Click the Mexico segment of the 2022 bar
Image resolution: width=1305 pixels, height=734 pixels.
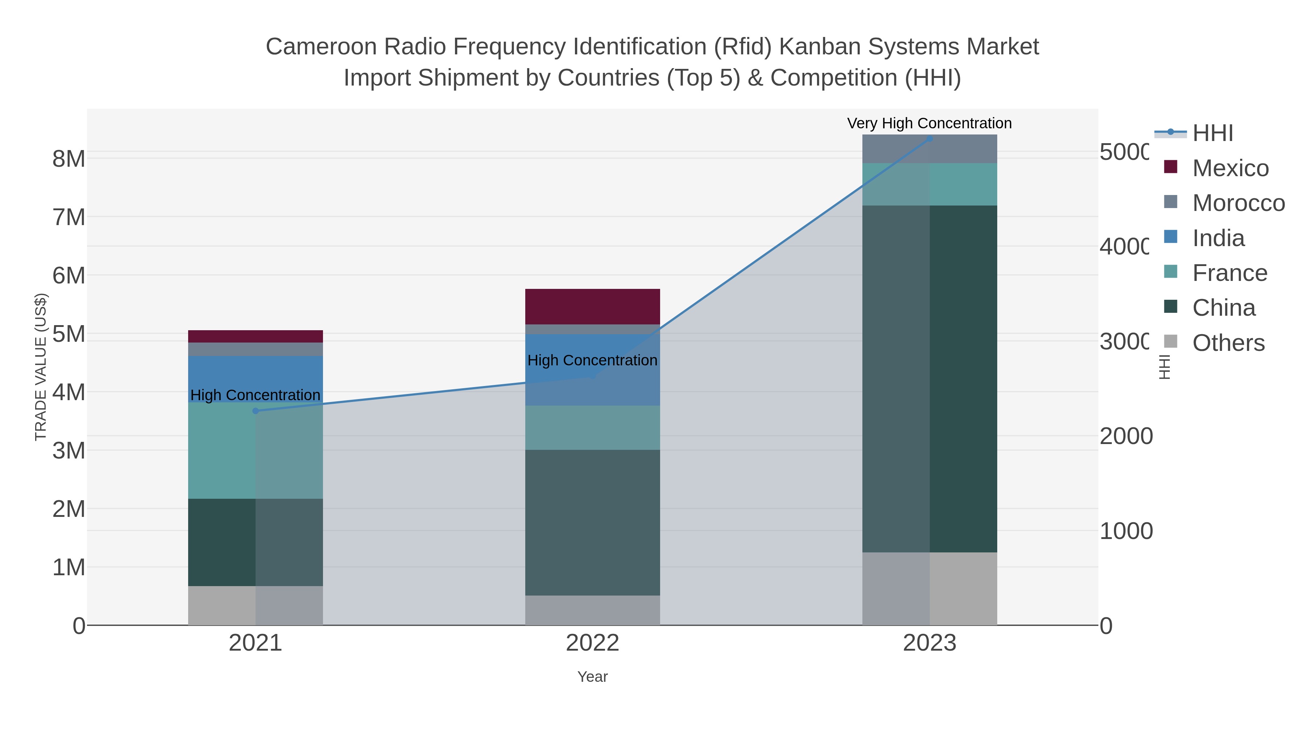592,306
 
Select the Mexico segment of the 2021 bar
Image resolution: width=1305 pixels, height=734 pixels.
255,336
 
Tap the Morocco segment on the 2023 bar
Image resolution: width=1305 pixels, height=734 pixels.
929,149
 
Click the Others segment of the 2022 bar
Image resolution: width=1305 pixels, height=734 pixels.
592,610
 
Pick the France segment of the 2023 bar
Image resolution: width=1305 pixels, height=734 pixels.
929,184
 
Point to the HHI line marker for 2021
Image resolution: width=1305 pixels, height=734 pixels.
255,411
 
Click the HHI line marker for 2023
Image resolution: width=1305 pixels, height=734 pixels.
929,139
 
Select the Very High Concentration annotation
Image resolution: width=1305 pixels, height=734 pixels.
929,123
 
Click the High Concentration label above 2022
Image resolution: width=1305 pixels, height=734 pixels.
592,360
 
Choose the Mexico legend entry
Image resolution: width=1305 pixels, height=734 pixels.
1230,168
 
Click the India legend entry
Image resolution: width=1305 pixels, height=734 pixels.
1218,238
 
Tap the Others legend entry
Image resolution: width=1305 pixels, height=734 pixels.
1228,343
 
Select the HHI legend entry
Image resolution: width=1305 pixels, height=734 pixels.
1212,133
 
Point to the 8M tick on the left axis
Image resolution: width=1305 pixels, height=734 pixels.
69,159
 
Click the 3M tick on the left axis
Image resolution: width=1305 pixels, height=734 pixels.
69,450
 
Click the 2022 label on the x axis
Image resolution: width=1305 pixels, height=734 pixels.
592,643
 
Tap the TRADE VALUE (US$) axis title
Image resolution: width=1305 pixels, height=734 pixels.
41,367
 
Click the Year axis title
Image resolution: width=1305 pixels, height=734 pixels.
592,677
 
